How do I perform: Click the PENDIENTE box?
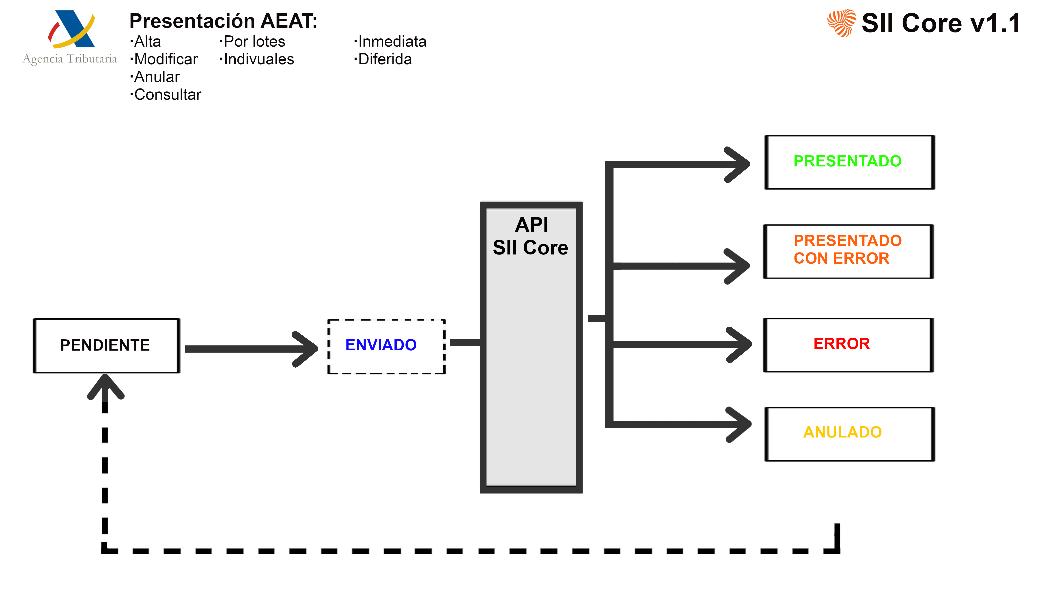106,346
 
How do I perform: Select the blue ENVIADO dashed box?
386,347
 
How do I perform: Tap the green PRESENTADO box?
849,162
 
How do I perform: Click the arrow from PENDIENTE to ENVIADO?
248,349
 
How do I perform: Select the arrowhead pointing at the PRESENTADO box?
738,165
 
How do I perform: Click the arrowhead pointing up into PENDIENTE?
105,387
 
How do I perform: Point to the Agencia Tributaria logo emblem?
71,29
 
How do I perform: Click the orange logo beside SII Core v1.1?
842,23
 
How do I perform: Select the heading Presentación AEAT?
223,21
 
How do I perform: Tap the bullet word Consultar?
168,95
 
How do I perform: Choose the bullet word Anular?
157,77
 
